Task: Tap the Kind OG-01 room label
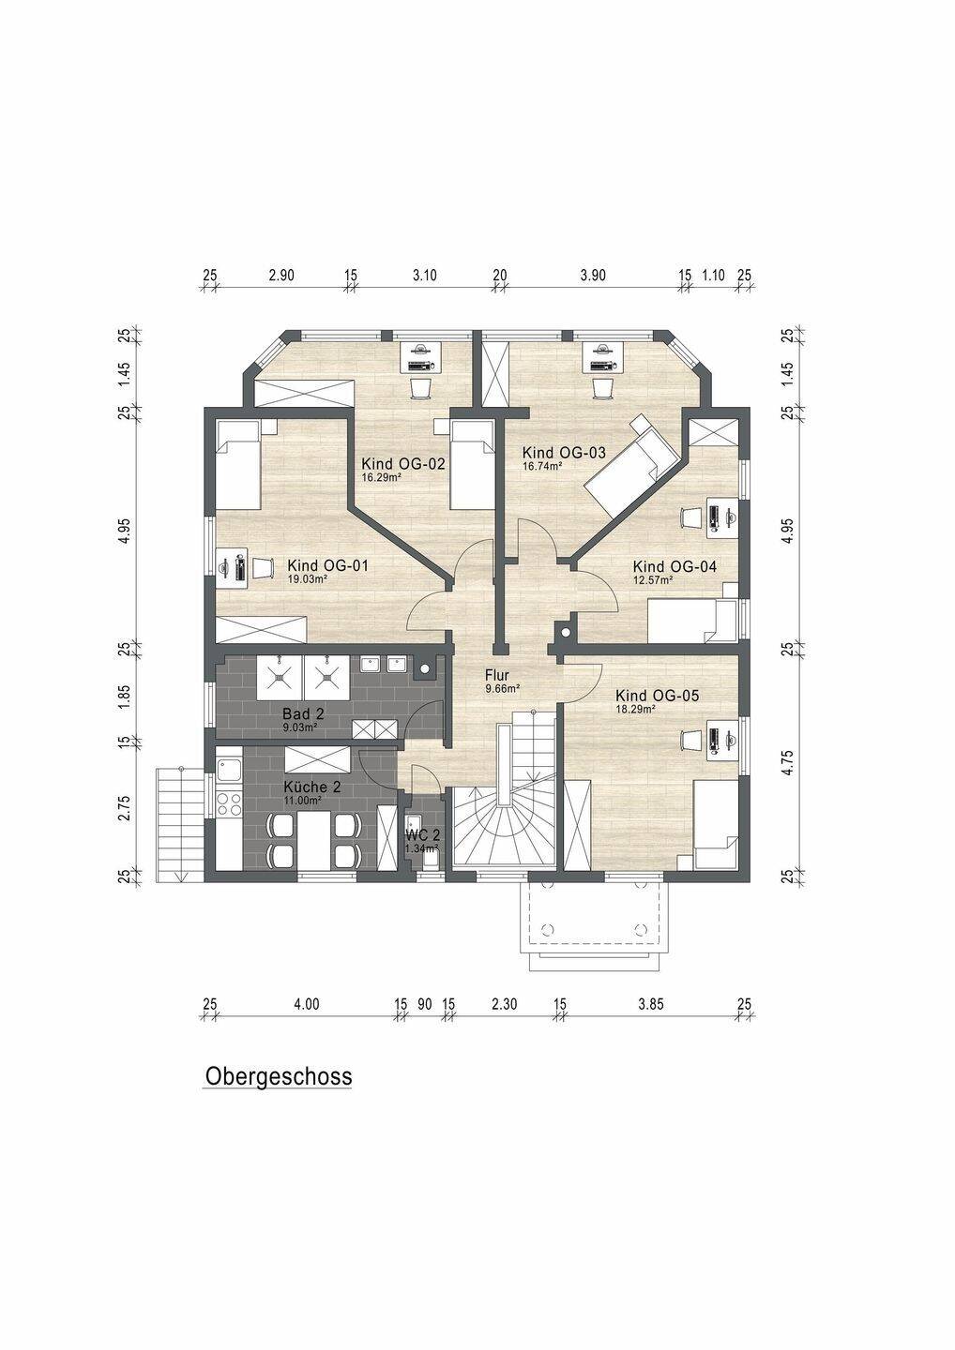coord(327,566)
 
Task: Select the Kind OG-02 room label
coord(402,464)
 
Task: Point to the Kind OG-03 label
coord(564,452)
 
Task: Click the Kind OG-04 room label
coord(675,566)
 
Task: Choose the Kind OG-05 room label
coord(657,696)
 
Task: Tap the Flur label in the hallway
coord(497,675)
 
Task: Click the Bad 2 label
coord(303,714)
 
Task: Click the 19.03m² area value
coord(308,579)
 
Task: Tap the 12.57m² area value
coord(653,579)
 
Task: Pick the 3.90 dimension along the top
coord(593,276)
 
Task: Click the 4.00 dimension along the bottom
coord(306,1004)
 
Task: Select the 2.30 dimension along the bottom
coord(505,1004)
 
